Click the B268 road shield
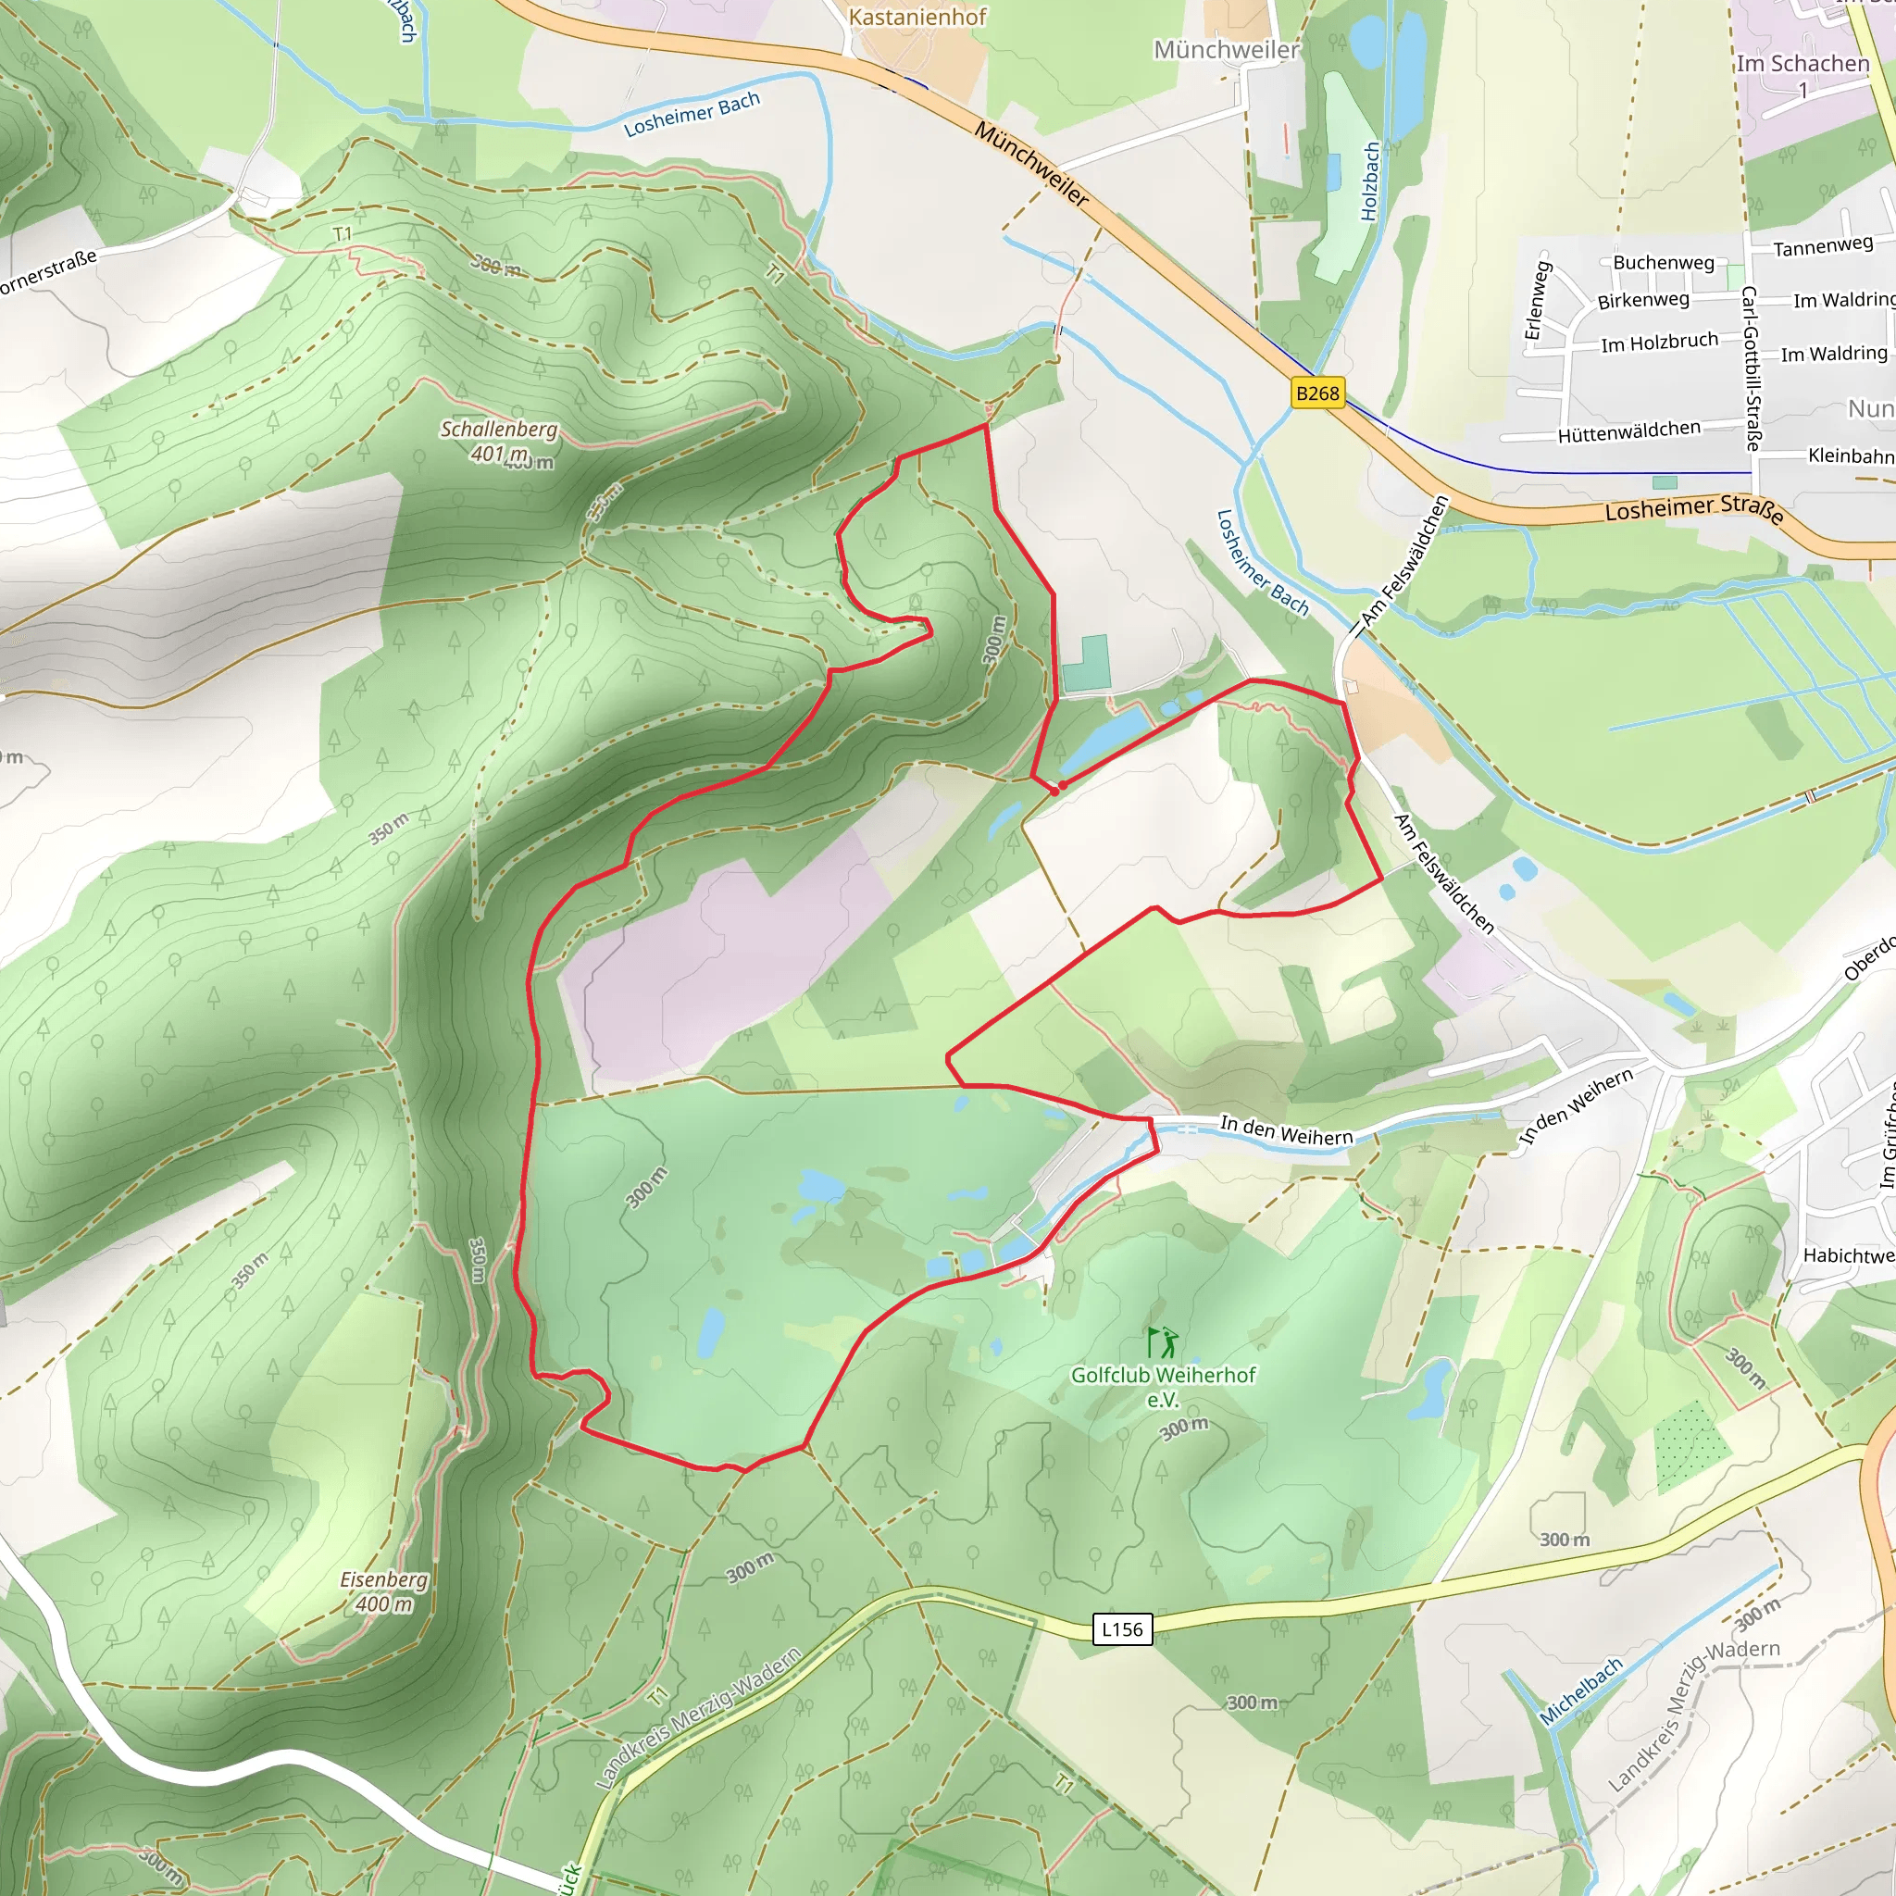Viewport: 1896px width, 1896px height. coord(1317,393)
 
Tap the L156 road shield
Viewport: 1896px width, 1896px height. coord(1122,1629)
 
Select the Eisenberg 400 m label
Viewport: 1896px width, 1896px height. coord(383,1590)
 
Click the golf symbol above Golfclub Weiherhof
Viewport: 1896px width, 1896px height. coord(1163,1342)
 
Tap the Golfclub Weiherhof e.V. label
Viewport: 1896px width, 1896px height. coord(1163,1386)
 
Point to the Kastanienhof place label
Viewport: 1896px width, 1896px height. coord(917,17)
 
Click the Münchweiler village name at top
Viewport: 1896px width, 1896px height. coord(1226,49)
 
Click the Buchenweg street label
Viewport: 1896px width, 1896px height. coord(1664,262)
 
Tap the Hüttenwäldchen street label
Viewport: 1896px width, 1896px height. coord(1629,430)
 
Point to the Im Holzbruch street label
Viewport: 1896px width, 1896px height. coord(1660,343)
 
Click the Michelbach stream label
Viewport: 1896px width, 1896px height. coord(1581,1690)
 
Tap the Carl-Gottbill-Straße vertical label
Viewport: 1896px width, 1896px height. coord(1750,368)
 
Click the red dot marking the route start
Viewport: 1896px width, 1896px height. coord(1062,785)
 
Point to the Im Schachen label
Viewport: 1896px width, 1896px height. coord(1802,64)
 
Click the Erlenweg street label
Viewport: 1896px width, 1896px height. coord(1536,300)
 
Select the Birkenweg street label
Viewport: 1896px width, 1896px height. coord(1643,299)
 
